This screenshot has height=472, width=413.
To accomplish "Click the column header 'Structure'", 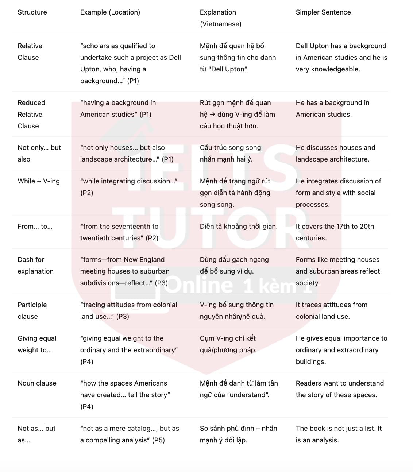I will pyautogui.click(x=32, y=12).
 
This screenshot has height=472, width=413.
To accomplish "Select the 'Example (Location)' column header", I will pyautogui.click(x=110, y=12).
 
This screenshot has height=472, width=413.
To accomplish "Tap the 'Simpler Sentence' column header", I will pyautogui.click(x=323, y=12).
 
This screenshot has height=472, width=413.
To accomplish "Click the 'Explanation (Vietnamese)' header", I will pyautogui.click(x=220, y=18).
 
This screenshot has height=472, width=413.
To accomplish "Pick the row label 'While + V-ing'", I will pyautogui.click(x=39, y=181).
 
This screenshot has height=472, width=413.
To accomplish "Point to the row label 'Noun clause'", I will pyautogui.click(x=37, y=383).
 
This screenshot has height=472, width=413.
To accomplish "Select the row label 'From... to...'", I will pyautogui.click(x=35, y=227).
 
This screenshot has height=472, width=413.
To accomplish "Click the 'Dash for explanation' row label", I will pyautogui.click(x=35, y=266).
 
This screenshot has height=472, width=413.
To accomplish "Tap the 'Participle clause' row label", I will pyautogui.click(x=32, y=311).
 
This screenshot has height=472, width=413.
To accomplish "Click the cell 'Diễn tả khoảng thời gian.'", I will pyautogui.click(x=239, y=227).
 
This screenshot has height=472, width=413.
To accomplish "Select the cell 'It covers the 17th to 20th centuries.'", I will pyautogui.click(x=335, y=232).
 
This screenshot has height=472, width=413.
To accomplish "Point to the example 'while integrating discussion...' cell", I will pyautogui.click(x=128, y=187).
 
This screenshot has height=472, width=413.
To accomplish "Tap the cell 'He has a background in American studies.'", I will pyautogui.click(x=332, y=109).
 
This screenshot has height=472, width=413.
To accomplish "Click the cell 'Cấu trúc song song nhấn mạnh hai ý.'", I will pyautogui.click(x=230, y=154).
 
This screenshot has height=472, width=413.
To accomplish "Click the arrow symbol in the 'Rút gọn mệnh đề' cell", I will pyautogui.click(x=212, y=115).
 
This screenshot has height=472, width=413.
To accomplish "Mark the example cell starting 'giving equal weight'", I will pyautogui.click(x=128, y=350).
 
